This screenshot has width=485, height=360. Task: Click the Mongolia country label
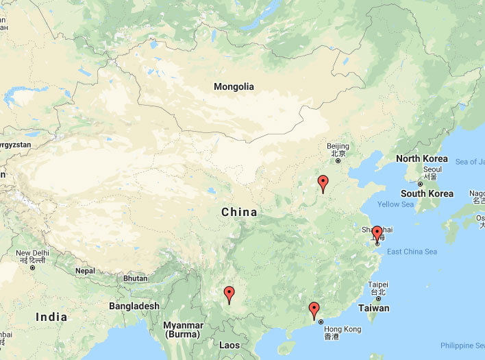coord(234,87)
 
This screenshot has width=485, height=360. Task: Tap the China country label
coord(239,213)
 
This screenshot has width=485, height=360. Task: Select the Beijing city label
coord(338,146)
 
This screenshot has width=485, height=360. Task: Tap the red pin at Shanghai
coord(377,234)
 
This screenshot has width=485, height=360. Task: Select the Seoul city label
coord(432,169)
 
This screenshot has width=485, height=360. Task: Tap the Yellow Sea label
coord(396,204)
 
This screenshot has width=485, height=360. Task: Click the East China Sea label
coord(412,252)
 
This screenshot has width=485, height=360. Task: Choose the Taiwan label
coord(373,308)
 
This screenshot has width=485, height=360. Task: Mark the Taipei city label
coord(378,285)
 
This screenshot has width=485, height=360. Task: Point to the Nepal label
coord(85,271)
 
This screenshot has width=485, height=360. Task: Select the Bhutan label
coord(135,278)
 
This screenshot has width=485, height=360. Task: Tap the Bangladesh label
coord(134,306)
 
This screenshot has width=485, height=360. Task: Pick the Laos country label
coord(229,345)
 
